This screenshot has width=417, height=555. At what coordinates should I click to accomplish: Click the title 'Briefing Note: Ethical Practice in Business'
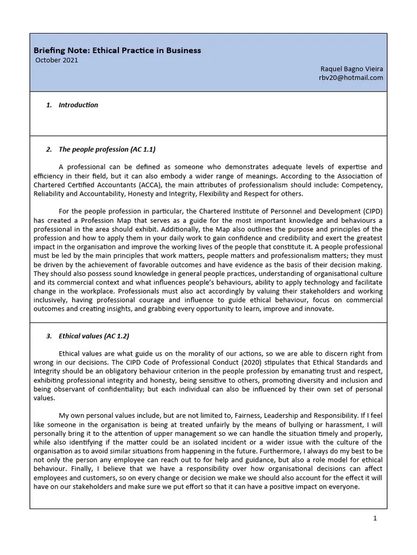coord(118,50)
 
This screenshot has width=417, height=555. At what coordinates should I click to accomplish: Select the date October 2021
coord(56,60)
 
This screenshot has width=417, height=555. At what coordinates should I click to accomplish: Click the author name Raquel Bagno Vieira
coord(352,68)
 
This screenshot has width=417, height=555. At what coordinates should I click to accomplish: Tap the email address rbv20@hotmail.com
coord(351,78)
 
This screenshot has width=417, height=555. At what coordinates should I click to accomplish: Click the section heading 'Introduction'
coord(78,105)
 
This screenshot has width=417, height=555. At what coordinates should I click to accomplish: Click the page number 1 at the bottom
coord(375,518)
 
